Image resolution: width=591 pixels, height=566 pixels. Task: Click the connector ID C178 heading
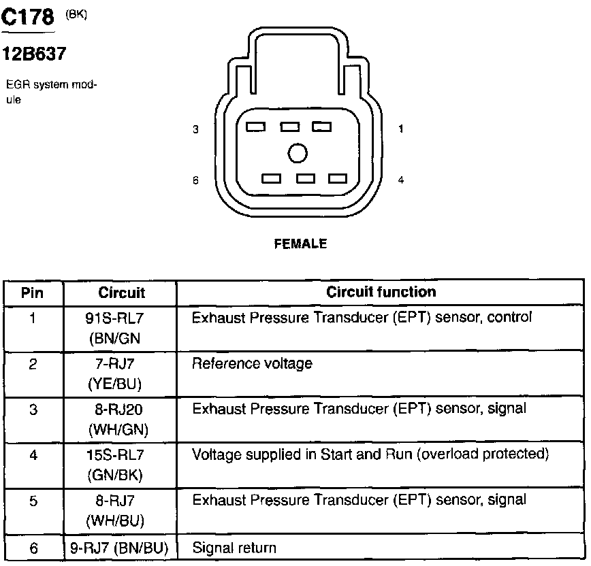click(x=28, y=18)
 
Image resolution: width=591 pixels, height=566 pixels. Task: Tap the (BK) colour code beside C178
click(x=76, y=14)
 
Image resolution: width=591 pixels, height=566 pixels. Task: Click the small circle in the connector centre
click(x=298, y=153)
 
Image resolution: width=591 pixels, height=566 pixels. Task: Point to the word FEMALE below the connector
click(x=300, y=244)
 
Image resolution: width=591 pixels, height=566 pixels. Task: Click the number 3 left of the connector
click(x=195, y=129)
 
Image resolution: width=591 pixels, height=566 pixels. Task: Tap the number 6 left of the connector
click(x=195, y=180)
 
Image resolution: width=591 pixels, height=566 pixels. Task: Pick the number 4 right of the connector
click(x=401, y=180)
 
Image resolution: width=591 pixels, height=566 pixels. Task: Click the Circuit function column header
click(x=381, y=293)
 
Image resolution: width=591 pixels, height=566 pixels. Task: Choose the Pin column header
click(x=33, y=293)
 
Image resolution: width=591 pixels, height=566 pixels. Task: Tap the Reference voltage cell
click(x=252, y=363)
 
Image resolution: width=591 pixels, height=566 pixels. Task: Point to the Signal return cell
click(x=234, y=548)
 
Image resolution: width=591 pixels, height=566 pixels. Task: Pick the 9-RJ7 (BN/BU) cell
click(x=120, y=548)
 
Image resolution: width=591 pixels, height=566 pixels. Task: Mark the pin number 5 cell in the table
click(x=33, y=501)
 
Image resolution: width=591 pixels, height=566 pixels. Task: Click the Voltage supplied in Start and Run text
click(x=370, y=454)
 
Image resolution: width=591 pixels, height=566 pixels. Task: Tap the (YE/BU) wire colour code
click(x=114, y=384)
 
